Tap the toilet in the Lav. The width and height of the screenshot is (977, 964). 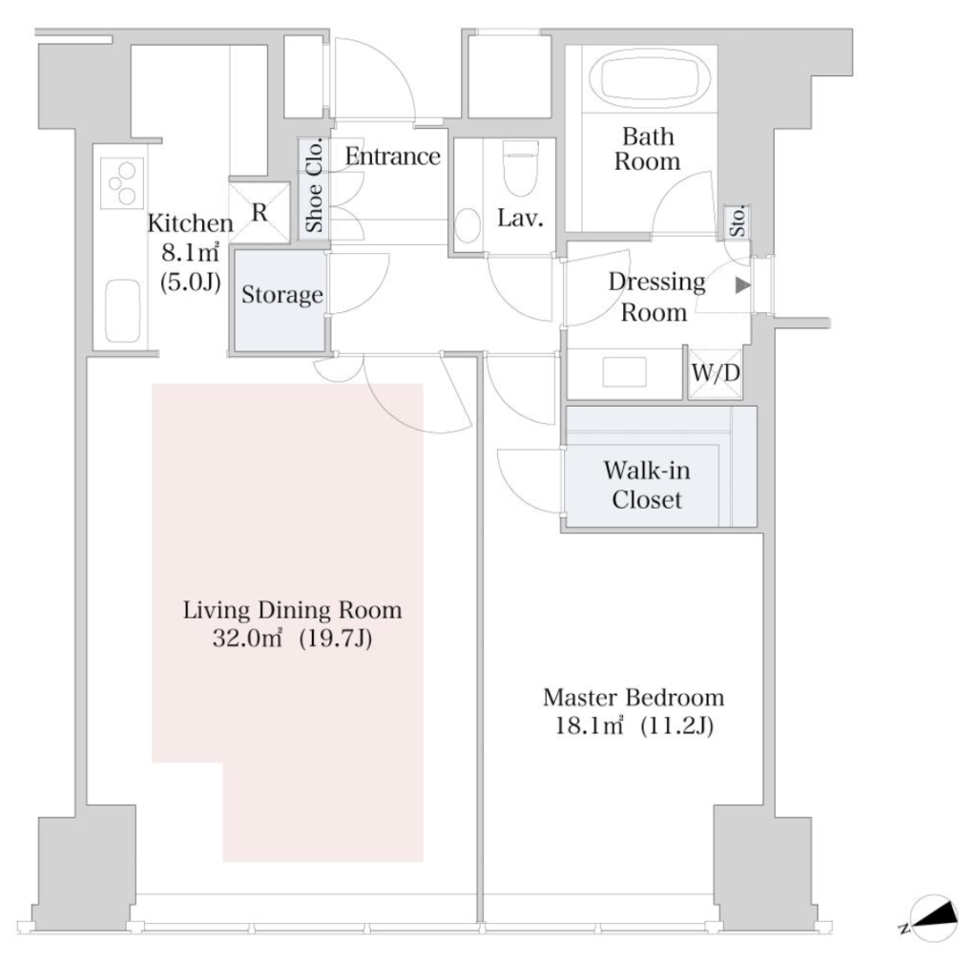pos(520,167)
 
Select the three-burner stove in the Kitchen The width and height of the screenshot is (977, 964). pos(122,183)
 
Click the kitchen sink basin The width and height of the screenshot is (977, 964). pos(123,311)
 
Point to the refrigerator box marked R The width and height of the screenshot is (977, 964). pos(260,213)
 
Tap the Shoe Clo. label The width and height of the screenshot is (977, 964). pos(314,186)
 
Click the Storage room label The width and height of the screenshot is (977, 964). pos(282,295)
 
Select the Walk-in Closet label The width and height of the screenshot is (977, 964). pos(648,485)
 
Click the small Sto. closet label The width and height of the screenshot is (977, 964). pos(738,221)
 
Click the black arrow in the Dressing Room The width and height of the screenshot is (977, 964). pos(742,285)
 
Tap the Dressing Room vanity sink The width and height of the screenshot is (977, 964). pos(624,372)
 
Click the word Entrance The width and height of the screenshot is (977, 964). pos(392,156)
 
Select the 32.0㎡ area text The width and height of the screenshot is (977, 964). pos(247,639)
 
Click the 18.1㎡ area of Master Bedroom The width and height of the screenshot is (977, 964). pos(590,726)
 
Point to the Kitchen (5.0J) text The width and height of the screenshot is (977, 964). pos(190,282)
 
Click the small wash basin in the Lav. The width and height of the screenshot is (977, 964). pos(468,225)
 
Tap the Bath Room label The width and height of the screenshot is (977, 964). pos(648,149)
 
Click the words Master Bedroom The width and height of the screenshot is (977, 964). pos(634,698)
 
